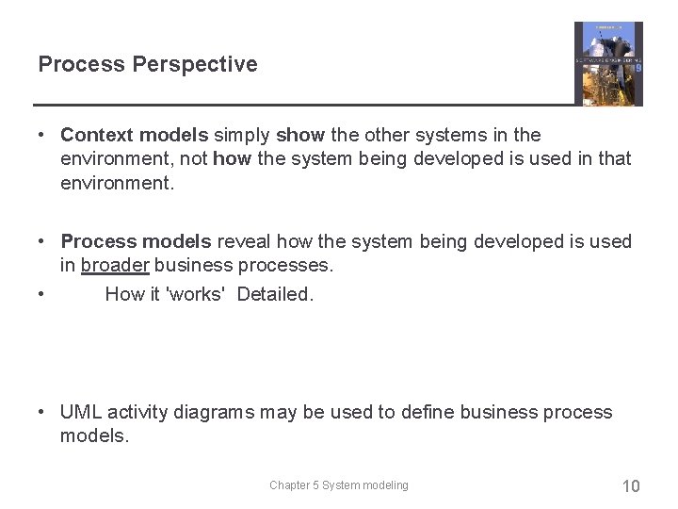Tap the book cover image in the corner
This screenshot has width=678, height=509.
607,63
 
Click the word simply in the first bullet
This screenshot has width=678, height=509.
243,136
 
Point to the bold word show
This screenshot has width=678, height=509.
300,136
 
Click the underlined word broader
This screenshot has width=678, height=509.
115,266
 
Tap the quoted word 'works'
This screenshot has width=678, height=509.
195,294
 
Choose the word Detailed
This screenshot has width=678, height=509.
275,294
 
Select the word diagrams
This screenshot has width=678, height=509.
213,413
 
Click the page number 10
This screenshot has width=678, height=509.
630,486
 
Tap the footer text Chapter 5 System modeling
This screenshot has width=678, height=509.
339,485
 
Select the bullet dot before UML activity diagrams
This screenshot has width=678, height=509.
43,413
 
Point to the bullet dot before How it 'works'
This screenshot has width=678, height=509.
43,294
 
